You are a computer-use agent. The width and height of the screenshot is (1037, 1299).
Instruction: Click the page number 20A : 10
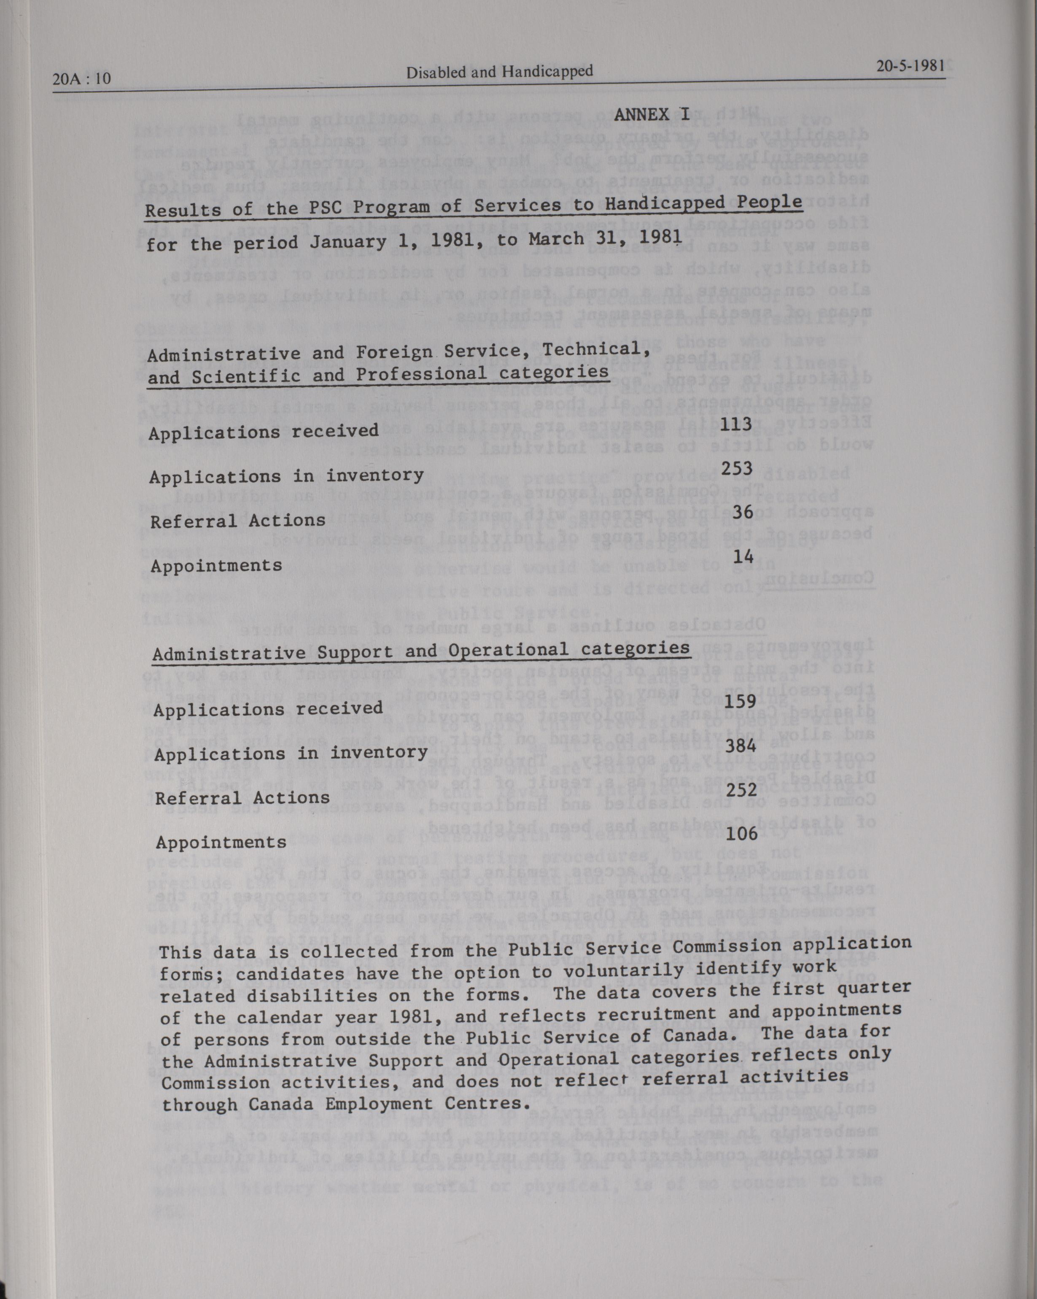(82, 79)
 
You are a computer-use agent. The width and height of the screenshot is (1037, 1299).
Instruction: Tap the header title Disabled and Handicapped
(499, 72)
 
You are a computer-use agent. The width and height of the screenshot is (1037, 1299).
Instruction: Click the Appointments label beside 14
(216, 566)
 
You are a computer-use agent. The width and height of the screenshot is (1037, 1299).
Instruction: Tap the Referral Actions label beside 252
(242, 798)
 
